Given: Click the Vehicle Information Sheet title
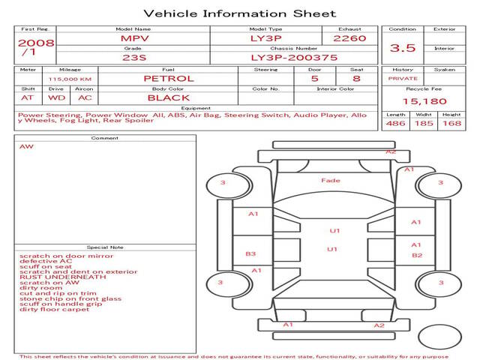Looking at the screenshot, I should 239,13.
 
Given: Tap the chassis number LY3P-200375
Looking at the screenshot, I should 294,57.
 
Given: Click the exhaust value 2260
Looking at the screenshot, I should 349,37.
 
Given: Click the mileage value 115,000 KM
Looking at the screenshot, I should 70,78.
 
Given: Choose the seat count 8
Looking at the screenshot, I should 356,78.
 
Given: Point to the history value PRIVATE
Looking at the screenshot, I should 403,78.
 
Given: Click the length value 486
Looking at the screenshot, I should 395,123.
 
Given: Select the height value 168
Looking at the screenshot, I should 452,123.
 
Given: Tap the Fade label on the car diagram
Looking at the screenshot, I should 331,180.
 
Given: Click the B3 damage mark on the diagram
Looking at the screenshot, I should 250,253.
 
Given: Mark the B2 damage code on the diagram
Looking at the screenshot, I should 417,255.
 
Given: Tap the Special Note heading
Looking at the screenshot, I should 105,247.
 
